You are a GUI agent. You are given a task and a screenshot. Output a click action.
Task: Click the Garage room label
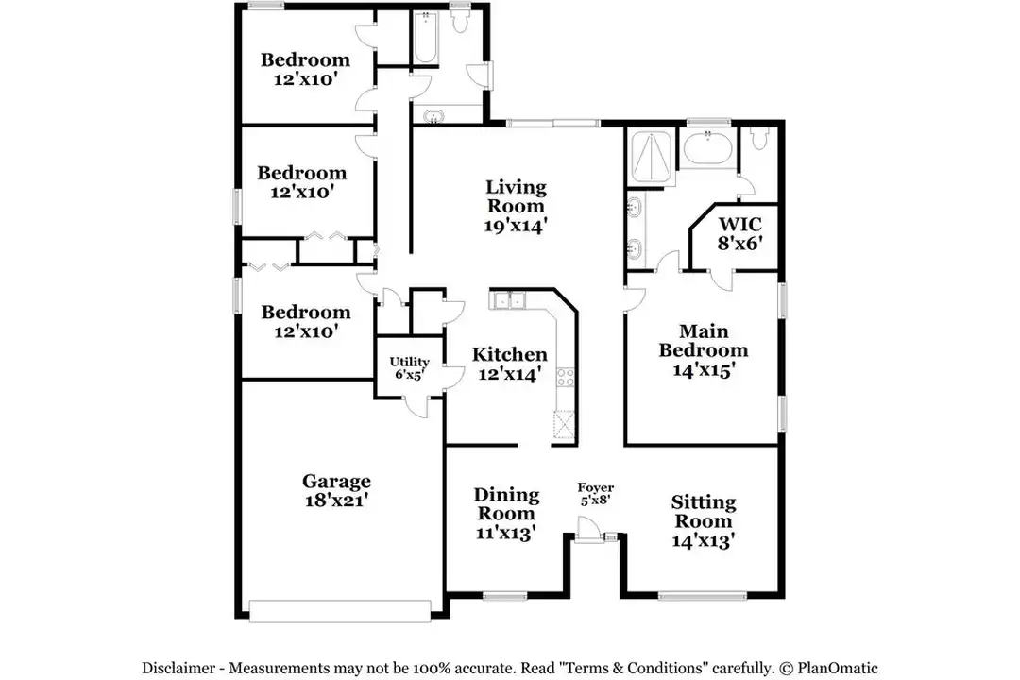(336, 481)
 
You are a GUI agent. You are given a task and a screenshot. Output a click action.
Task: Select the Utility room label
(410, 362)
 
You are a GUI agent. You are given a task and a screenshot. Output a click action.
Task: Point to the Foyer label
(596, 487)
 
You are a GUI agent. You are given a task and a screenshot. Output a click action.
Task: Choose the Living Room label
(516, 196)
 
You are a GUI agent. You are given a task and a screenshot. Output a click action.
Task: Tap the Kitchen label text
(509, 355)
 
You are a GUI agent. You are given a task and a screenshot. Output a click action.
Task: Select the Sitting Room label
(704, 511)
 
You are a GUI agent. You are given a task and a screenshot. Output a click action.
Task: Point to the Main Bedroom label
(704, 340)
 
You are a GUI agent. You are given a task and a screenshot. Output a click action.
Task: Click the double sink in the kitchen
(509, 301)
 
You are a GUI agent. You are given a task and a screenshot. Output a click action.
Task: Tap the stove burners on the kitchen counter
(565, 377)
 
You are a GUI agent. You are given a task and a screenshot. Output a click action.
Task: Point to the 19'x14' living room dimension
(516, 226)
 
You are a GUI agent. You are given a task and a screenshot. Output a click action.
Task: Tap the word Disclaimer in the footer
(181, 667)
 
